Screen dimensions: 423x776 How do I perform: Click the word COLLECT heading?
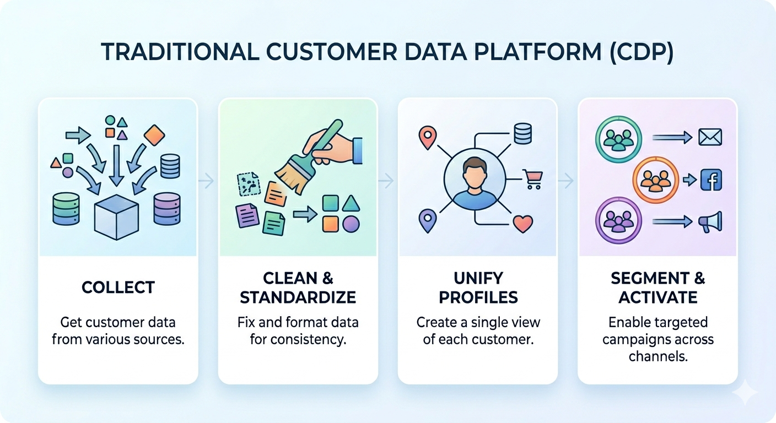point(118,287)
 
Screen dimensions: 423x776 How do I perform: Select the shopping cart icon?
point(533,178)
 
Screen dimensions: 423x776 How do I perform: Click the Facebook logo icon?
point(710,180)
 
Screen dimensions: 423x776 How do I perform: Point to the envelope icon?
point(710,137)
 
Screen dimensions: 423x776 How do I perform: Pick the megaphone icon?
point(710,221)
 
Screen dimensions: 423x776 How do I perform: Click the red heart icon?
point(522,223)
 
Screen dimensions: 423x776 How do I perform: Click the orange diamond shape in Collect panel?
point(154,135)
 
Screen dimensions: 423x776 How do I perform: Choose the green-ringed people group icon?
point(619,137)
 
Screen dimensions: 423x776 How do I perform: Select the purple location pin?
point(427,220)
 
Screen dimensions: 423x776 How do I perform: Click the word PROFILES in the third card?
point(478,297)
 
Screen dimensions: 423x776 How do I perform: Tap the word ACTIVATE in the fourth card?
point(658,297)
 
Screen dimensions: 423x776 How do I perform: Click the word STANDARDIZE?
point(298,297)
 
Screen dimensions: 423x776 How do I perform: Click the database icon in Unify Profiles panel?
point(522,134)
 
